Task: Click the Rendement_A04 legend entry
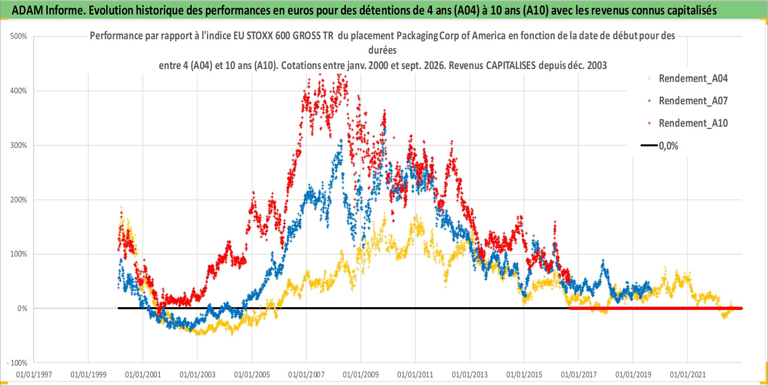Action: coord(688,78)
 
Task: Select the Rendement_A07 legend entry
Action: coord(688,101)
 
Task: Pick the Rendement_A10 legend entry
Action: coord(688,123)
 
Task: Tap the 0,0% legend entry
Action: coord(660,146)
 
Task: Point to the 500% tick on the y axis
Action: coord(18,36)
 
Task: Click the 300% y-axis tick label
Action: coord(18,146)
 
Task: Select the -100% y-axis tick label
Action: coord(17,363)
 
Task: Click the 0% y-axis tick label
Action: coord(22,309)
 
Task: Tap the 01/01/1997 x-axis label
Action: coord(34,375)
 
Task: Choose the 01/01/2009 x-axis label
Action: coord(361,375)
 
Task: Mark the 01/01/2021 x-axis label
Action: coord(688,375)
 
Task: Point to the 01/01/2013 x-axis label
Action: coord(470,375)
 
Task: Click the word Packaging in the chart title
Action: coord(417,36)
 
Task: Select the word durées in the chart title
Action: coord(382,50)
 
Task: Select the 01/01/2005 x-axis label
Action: coord(252,375)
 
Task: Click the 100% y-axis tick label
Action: coord(18,254)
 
